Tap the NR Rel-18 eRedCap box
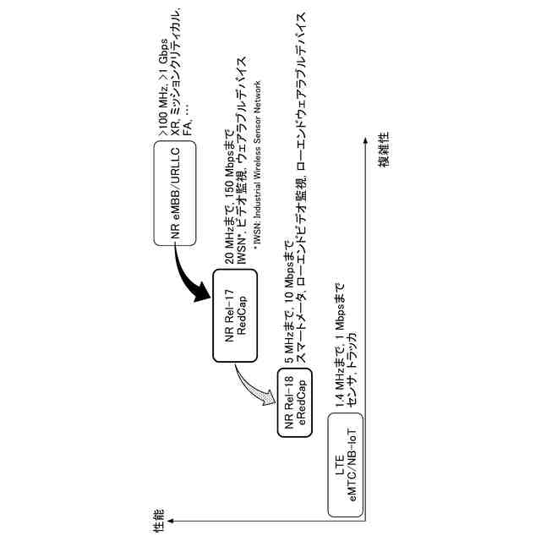click(293, 403)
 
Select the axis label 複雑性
click(383, 161)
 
